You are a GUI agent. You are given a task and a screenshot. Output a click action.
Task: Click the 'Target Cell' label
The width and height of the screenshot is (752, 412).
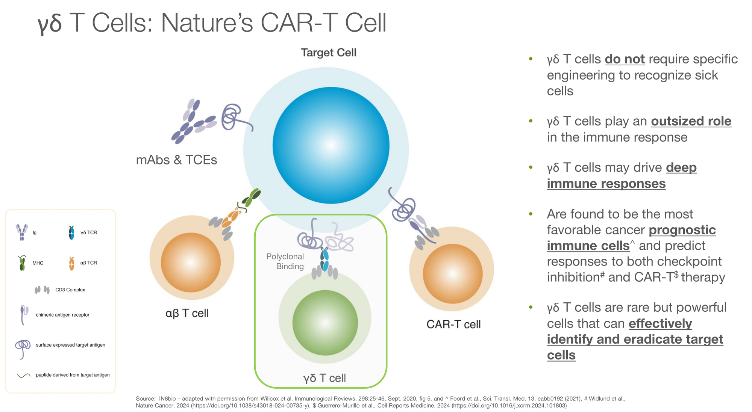328,53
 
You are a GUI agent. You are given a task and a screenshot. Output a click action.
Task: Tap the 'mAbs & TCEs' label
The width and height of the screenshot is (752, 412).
176,160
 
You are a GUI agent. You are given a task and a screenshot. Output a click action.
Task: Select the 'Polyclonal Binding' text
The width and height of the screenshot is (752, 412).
285,261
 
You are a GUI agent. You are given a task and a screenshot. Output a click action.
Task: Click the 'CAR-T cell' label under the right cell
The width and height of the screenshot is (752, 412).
453,324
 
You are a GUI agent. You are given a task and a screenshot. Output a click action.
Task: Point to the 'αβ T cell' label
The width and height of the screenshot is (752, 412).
187,313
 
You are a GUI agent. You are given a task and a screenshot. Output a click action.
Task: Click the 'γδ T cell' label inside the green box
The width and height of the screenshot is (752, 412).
324,378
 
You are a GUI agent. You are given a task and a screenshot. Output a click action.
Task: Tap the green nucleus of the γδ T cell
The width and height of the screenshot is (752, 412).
325,323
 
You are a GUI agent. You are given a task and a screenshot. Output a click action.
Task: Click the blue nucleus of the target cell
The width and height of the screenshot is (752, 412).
331,145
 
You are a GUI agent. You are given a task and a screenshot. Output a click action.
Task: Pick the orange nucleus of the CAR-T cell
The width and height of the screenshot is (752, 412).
452,273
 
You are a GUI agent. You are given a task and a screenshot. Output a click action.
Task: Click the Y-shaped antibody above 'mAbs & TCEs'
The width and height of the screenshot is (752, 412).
191,121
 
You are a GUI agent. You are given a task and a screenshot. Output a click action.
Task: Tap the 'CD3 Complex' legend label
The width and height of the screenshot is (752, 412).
70,290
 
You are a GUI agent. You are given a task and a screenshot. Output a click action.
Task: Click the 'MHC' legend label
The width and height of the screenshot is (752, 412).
38,263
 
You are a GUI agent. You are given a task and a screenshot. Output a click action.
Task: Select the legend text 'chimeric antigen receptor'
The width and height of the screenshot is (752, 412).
62,315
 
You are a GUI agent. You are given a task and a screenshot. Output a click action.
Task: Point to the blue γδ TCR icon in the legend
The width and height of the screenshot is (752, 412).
71,233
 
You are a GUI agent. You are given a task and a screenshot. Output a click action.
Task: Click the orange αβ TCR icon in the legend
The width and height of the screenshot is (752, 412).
71,263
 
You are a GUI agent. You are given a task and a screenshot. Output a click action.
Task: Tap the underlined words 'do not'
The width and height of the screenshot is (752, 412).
625,59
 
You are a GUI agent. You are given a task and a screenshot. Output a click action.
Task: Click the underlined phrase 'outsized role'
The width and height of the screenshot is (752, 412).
691,121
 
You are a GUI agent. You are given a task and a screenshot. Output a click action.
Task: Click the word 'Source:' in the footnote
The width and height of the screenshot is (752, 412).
146,398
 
